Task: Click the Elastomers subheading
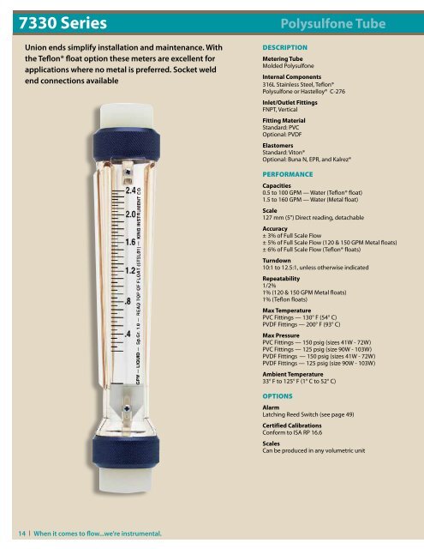280,147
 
